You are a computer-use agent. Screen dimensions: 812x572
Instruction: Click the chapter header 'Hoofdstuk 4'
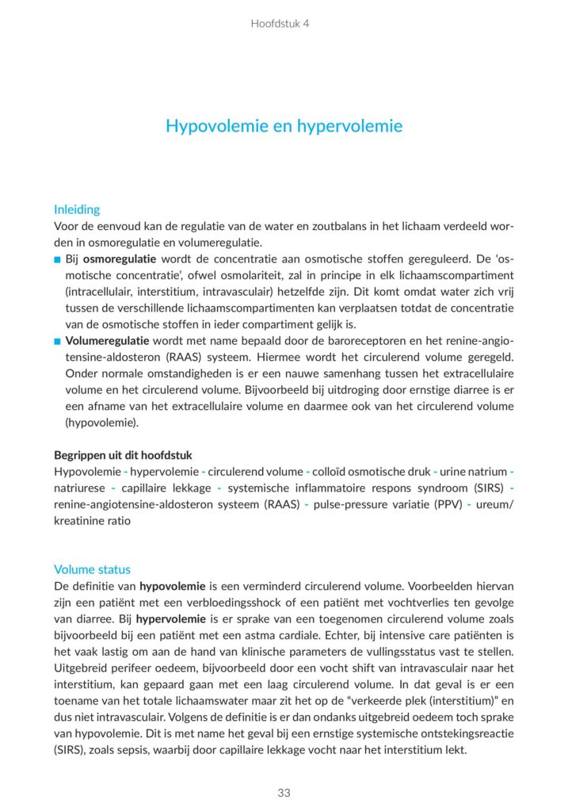280,23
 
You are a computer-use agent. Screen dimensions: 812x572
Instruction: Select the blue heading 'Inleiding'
77,210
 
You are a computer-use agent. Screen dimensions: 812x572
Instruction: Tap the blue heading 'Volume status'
92,569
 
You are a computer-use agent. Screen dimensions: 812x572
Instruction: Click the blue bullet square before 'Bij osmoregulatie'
58,260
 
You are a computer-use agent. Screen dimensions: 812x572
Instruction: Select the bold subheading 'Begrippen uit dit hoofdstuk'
123,455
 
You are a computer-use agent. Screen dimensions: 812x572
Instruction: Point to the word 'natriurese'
78,488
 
